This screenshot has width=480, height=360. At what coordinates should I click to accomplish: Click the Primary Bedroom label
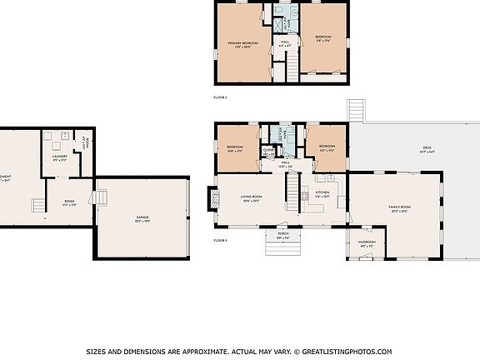click(242, 42)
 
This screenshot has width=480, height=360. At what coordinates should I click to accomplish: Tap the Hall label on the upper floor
click(285, 42)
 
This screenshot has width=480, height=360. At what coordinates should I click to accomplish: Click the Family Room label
click(399, 207)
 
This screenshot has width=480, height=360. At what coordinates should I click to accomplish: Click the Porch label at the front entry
click(282, 236)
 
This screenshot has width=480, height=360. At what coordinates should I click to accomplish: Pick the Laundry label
click(59, 156)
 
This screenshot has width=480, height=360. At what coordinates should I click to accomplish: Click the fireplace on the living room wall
click(211, 198)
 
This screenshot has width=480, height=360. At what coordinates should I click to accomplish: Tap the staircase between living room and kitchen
click(292, 195)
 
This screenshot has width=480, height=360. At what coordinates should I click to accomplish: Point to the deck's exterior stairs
click(357, 110)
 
